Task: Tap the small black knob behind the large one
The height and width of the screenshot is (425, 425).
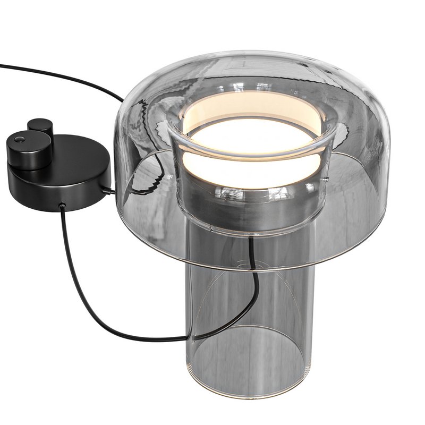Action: click(x=40, y=126)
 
